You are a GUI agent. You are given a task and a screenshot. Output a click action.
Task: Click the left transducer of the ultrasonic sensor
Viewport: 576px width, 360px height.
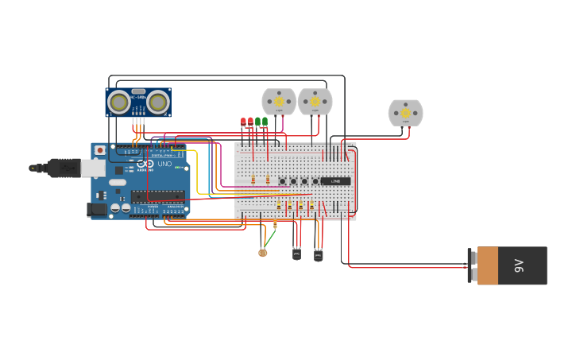(x=119, y=102)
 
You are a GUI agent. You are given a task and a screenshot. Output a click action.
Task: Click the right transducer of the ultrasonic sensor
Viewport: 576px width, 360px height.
(x=157, y=102)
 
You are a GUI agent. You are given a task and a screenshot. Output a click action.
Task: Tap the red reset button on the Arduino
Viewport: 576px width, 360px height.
(x=100, y=150)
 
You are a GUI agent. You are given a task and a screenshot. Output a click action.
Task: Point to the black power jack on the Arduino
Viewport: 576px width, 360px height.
(x=96, y=209)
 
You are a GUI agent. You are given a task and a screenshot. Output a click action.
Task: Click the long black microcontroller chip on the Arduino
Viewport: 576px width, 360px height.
(x=157, y=195)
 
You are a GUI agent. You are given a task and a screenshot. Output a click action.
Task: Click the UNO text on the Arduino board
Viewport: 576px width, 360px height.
(x=164, y=164)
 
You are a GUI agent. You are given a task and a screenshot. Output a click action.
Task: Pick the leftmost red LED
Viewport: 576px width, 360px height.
(x=243, y=122)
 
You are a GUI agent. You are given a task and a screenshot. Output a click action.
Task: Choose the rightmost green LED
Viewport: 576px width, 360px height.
(x=265, y=122)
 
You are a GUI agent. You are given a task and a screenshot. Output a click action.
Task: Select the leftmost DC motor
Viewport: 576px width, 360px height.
(x=279, y=102)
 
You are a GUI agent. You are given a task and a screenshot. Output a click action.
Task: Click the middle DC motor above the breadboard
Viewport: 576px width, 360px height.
(x=315, y=102)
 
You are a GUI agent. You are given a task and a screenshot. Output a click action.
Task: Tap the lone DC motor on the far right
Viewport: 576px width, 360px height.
(x=405, y=113)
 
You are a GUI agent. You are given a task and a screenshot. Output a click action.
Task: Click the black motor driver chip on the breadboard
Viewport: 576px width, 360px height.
(x=335, y=181)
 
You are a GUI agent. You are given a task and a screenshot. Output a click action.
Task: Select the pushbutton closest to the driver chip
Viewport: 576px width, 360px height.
(x=315, y=181)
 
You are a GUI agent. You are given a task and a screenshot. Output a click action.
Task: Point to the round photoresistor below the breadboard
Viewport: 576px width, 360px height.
(x=263, y=253)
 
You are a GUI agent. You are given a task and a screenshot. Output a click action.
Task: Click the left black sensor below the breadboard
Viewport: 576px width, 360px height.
(x=296, y=254)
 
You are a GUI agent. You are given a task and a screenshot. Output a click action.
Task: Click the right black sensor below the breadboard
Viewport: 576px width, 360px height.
(x=318, y=254)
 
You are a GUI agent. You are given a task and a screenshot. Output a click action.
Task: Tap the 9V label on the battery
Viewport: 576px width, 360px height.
(x=520, y=265)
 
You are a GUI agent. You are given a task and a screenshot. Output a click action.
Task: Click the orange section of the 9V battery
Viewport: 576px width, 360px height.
(x=487, y=265)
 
